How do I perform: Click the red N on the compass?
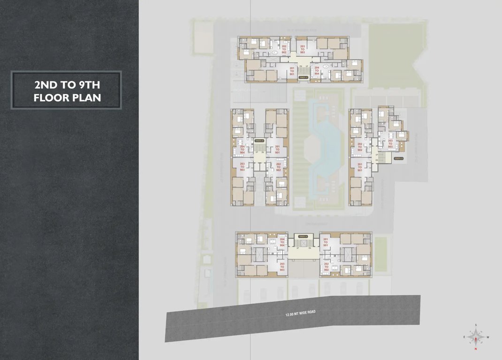(476, 349)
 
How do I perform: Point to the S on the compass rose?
(476, 324)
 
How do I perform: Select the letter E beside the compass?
(464, 337)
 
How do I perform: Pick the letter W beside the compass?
(488, 337)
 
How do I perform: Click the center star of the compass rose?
(476, 337)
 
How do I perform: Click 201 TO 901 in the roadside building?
(326, 242)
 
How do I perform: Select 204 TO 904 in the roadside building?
(282, 242)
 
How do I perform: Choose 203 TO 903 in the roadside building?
(282, 267)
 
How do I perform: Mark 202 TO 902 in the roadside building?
(326, 267)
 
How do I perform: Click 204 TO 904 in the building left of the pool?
(242, 150)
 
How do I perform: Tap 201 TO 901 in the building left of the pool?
(277, 150)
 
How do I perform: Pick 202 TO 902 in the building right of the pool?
(360, 147)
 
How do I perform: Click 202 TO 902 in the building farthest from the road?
(284, 49)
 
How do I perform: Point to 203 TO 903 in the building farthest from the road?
(303, 49)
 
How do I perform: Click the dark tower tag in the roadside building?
(303, 236)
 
